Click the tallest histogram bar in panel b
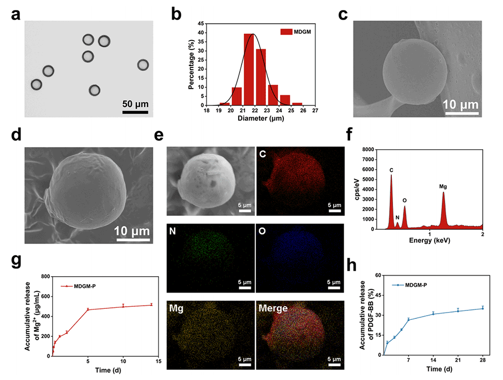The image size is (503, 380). [249, 69]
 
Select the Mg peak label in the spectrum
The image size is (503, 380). [443, 187]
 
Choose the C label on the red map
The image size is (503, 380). [262, 153]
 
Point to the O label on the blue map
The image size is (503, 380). [262, 231]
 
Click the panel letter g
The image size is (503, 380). [16, 260]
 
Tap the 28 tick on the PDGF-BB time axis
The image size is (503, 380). [482, 362]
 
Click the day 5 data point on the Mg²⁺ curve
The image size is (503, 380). [88, 309]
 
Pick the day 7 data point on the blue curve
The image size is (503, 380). [409, 320]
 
